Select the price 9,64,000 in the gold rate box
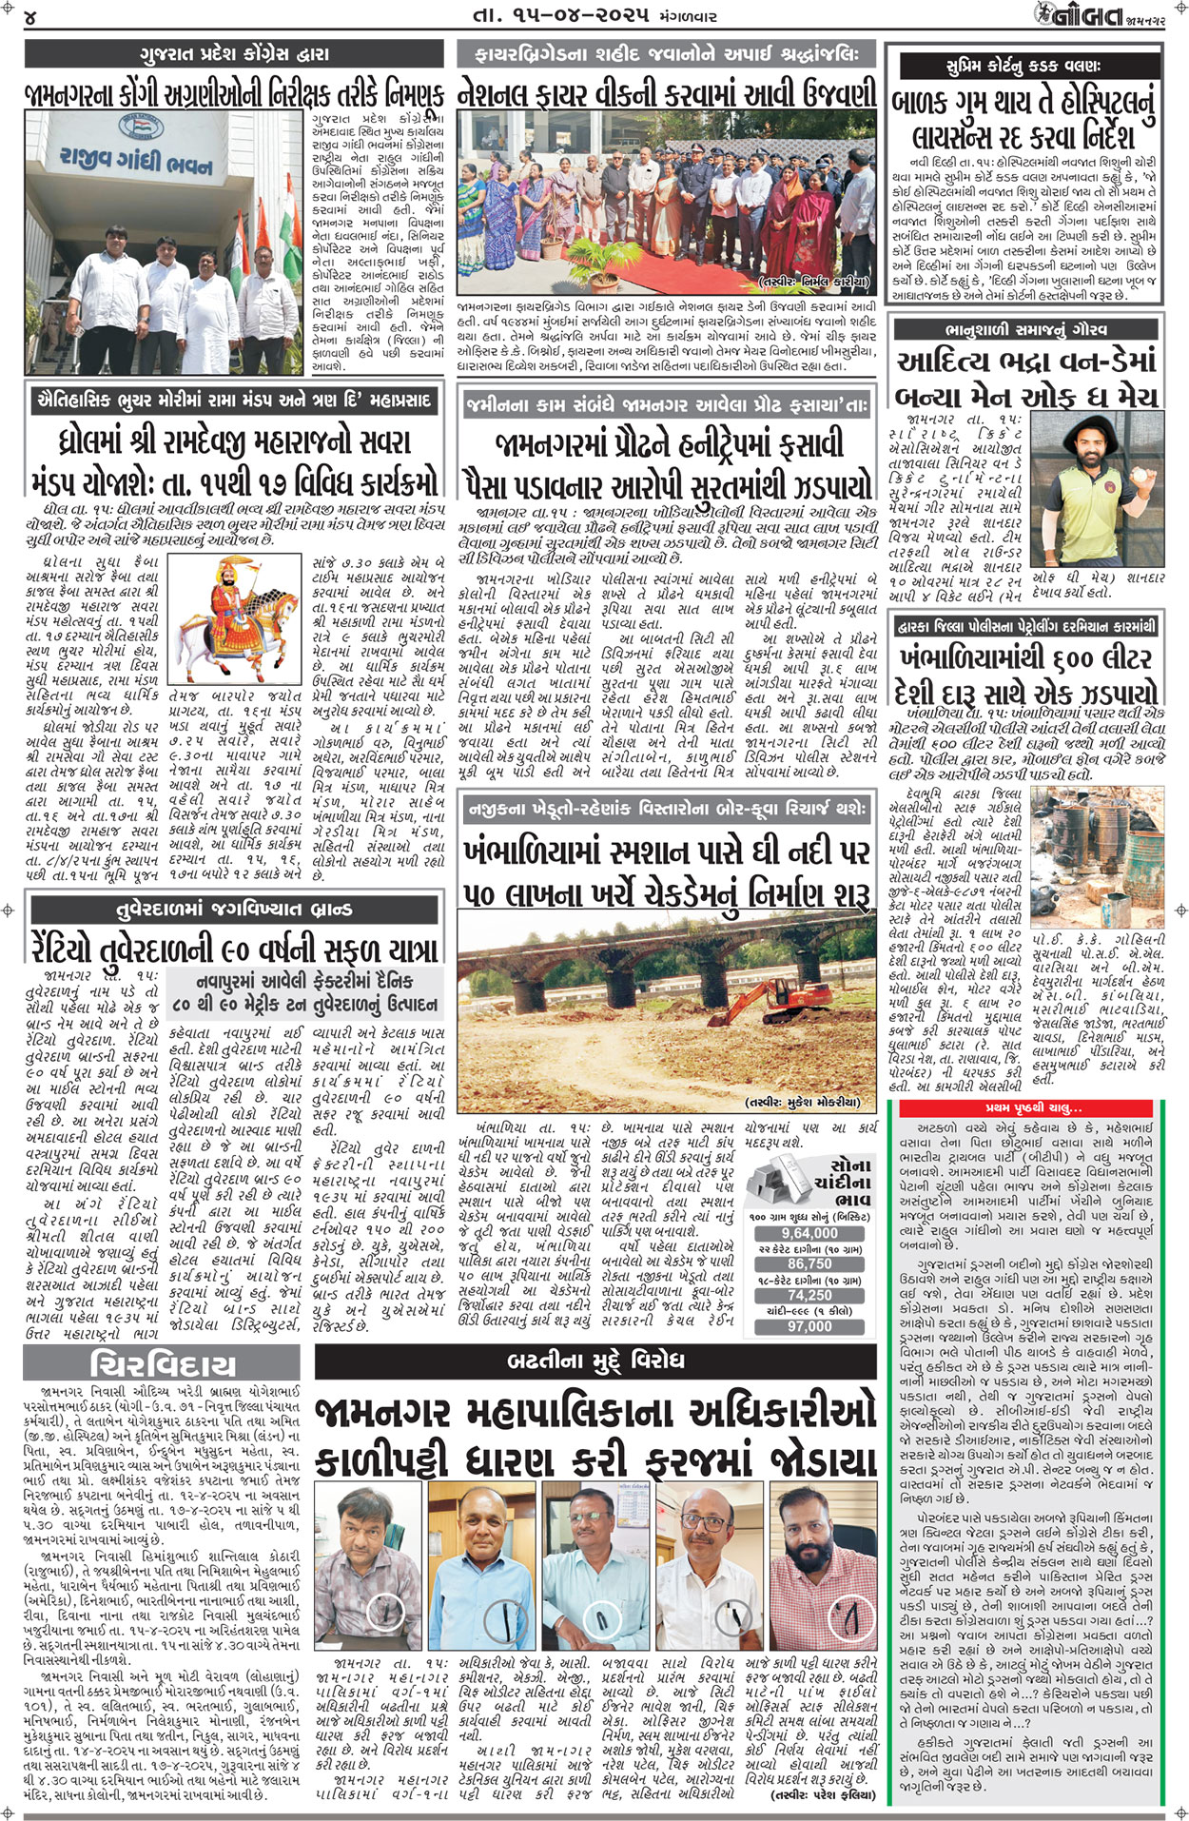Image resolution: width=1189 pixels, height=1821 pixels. point(809,1233)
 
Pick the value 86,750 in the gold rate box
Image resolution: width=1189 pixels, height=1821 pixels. point(809,1264)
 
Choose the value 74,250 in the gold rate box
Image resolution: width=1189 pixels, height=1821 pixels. point(809,1296)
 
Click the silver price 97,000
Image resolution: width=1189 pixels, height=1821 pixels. point(809,1326)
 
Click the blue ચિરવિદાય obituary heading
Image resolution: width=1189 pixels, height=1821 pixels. point(163,1365)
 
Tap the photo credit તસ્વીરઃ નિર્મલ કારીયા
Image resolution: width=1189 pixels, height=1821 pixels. point(813,282)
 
